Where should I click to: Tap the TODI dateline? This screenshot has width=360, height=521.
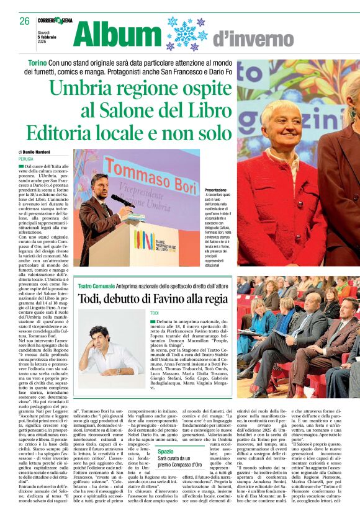click(155, 313)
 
